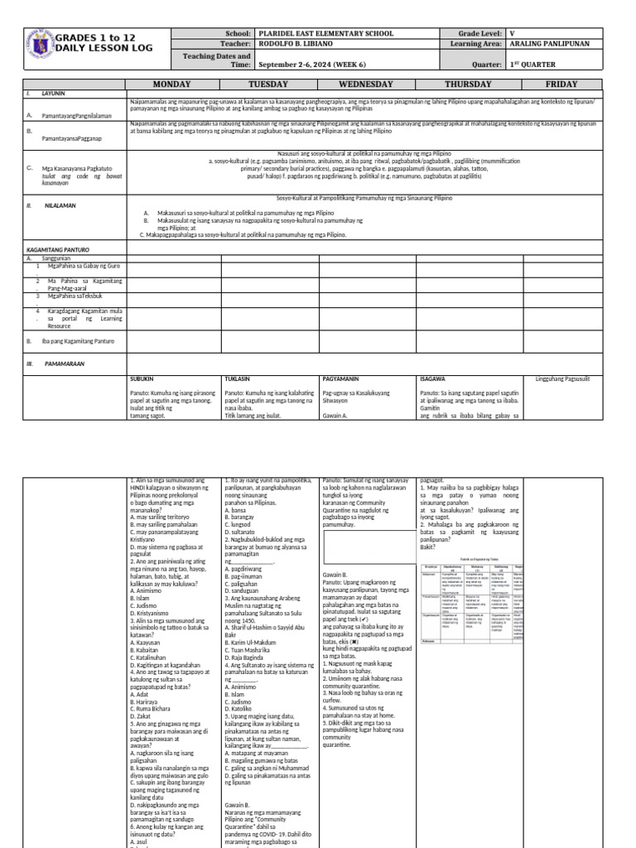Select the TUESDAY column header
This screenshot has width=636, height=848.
coord(270,84)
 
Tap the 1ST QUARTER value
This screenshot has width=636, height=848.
coord(533,63)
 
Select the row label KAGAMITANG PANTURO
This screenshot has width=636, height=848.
coord(58,249)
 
